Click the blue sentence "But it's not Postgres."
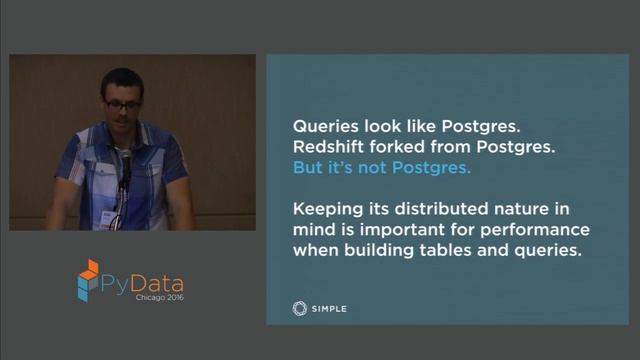coord(381,168)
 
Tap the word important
coord(355,230)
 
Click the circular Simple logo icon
coord(299,308)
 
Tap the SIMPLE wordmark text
coord(329,309)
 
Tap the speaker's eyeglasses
coord(123,103)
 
